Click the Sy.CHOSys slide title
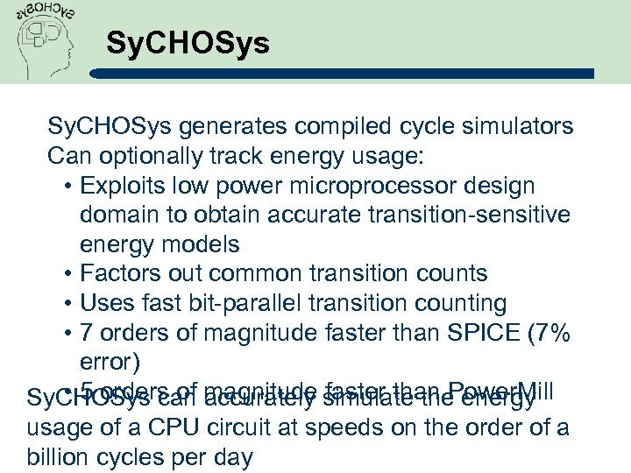[188, 44]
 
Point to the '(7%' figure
[549, 334]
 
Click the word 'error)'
[107, 363]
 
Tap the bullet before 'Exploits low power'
[68, 187]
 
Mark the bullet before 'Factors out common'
[68, 274]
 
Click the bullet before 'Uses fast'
[68, 304]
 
